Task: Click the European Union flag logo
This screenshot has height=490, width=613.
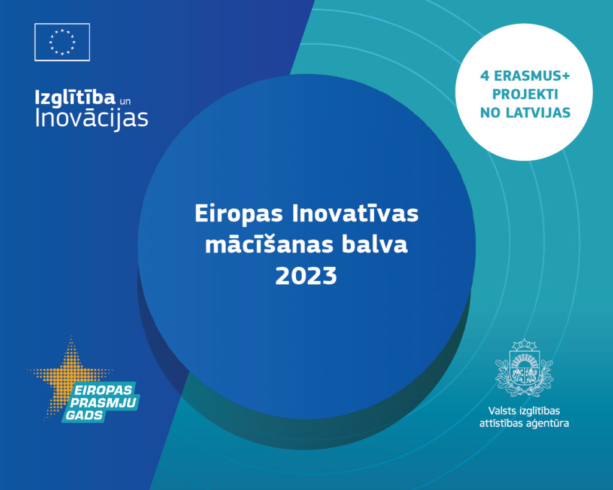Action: [x=62, y=42]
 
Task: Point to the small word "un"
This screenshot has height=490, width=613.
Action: [x=125, y=101]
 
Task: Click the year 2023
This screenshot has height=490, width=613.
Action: [x=306, y=276]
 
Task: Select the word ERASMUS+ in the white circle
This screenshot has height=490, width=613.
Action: [x=532, y=76]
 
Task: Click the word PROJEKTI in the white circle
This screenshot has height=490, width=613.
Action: [x=525, y=94]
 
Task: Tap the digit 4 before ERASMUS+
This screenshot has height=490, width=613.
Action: [x=485, y=76]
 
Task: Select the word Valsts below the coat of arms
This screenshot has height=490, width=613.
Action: [x=502, y=411]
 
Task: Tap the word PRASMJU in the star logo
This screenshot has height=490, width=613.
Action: [x=103, y=403]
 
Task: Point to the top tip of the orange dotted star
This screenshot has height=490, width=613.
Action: [x=71, y=337]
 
